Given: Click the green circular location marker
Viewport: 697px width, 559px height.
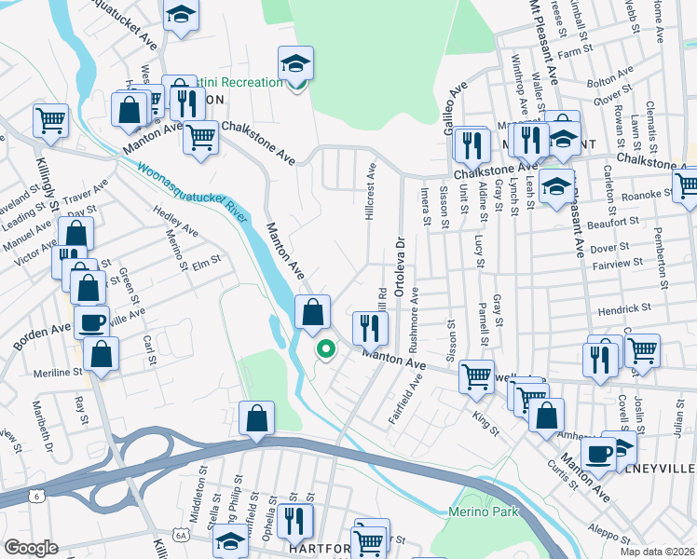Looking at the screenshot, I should pos(326,349).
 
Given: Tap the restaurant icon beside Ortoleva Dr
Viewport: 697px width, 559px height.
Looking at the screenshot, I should pos(370,327).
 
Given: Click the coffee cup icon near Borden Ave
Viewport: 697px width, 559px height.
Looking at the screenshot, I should pos(91,322).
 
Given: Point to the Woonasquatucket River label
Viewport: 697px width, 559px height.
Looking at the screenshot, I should pos(184,191).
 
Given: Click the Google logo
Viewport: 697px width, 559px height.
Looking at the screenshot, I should pos(31,548).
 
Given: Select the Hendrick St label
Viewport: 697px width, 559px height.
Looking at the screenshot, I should pos(623,307).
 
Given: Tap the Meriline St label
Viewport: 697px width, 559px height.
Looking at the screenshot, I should pos(52,372).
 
